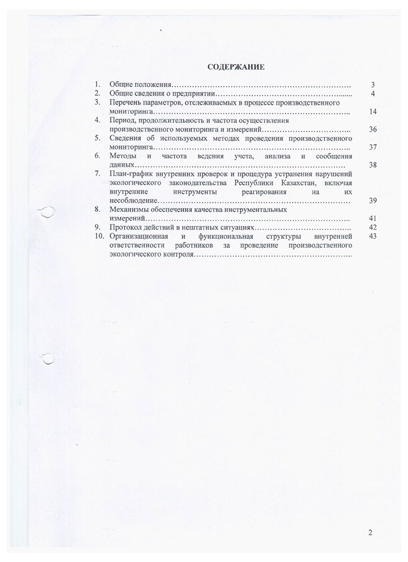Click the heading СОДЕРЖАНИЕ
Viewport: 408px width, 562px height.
click(236, 67)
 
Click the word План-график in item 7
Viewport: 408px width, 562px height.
click(130, 174)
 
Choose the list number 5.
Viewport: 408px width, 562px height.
click(97, 138)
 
